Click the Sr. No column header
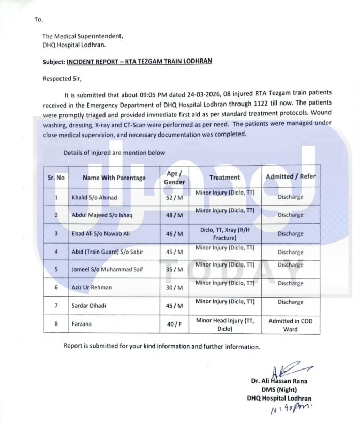[56, 177]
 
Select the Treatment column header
[224, 177]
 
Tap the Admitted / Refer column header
[290, 176]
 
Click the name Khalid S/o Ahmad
[94, 198]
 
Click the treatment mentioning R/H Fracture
[224, 233]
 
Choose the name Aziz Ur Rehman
[92, 287]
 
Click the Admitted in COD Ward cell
[290, 325]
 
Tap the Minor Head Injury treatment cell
[224, 324]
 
